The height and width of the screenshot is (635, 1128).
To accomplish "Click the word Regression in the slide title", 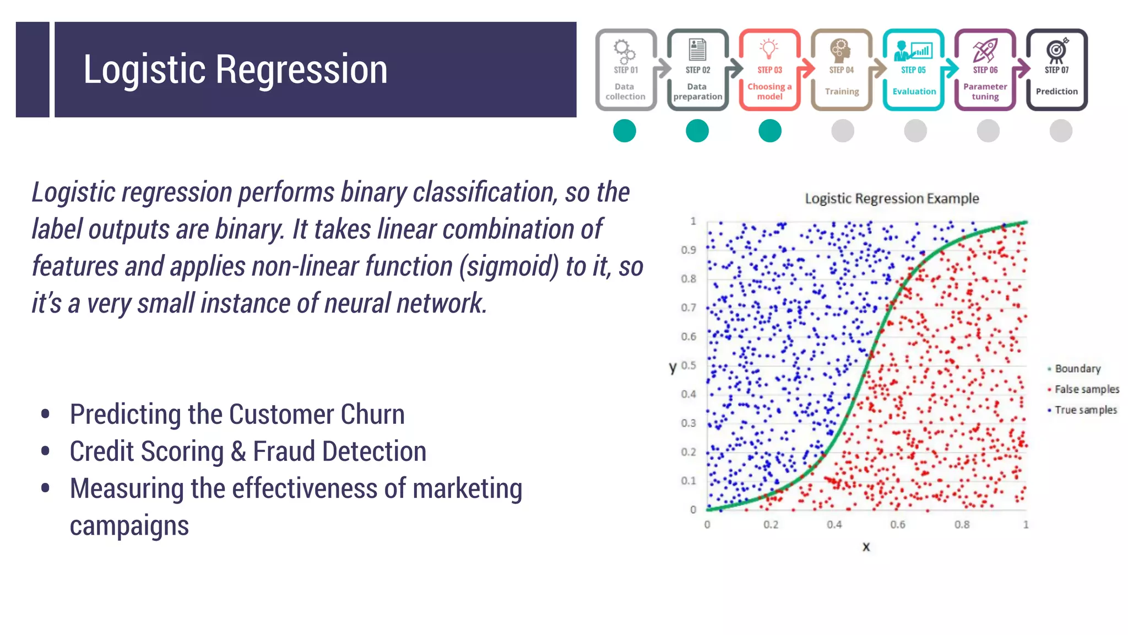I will [301, 70].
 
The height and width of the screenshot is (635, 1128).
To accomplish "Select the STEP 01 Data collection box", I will [626, 70].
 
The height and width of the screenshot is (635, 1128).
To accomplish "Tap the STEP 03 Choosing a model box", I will [769, 70].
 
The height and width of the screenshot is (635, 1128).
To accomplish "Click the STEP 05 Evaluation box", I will [913, 70].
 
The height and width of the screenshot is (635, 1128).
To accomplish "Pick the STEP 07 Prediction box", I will [1056, 70].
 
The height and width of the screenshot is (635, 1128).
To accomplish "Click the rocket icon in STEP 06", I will [985, 50].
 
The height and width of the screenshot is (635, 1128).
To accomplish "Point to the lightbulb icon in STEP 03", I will [769, 49].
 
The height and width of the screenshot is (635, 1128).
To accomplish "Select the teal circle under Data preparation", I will [697, 131].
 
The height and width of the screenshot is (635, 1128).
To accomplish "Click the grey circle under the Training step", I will [842, 131].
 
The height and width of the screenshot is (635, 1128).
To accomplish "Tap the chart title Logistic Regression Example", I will [892, 198].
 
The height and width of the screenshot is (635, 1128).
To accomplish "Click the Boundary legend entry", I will [1077, 369].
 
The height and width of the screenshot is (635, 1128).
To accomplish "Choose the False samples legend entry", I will [1086, 390].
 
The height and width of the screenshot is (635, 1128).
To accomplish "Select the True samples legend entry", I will [1085, 410].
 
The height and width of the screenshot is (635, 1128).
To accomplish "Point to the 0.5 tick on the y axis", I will [688, 365].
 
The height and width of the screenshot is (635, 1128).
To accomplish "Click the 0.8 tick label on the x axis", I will [962, 525].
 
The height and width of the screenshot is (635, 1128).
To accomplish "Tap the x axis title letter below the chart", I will [866, 547].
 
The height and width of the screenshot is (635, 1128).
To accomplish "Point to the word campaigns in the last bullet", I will [129, 525].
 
